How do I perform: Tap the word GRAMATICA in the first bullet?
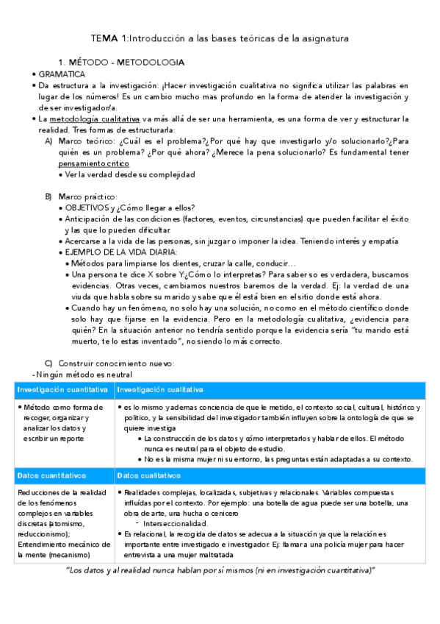(x=62, y=74)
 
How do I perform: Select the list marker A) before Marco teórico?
(x=48, y=141)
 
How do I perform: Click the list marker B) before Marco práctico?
(x=48, y=196)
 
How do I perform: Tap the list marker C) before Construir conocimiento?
(x=48, y=363)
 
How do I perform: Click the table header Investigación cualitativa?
(x=160, y=389)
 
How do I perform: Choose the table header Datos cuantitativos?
(x=52, y=475)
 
